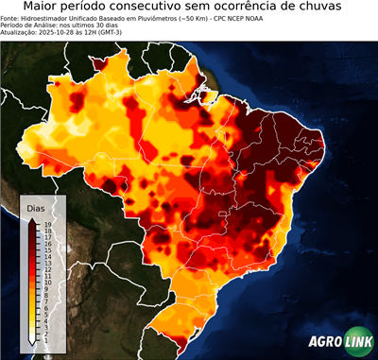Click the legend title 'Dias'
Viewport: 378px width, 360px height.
coord(36,207)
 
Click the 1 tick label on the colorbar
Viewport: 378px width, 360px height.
coord(46,339)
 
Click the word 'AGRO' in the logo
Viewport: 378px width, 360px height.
coord(325,344)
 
